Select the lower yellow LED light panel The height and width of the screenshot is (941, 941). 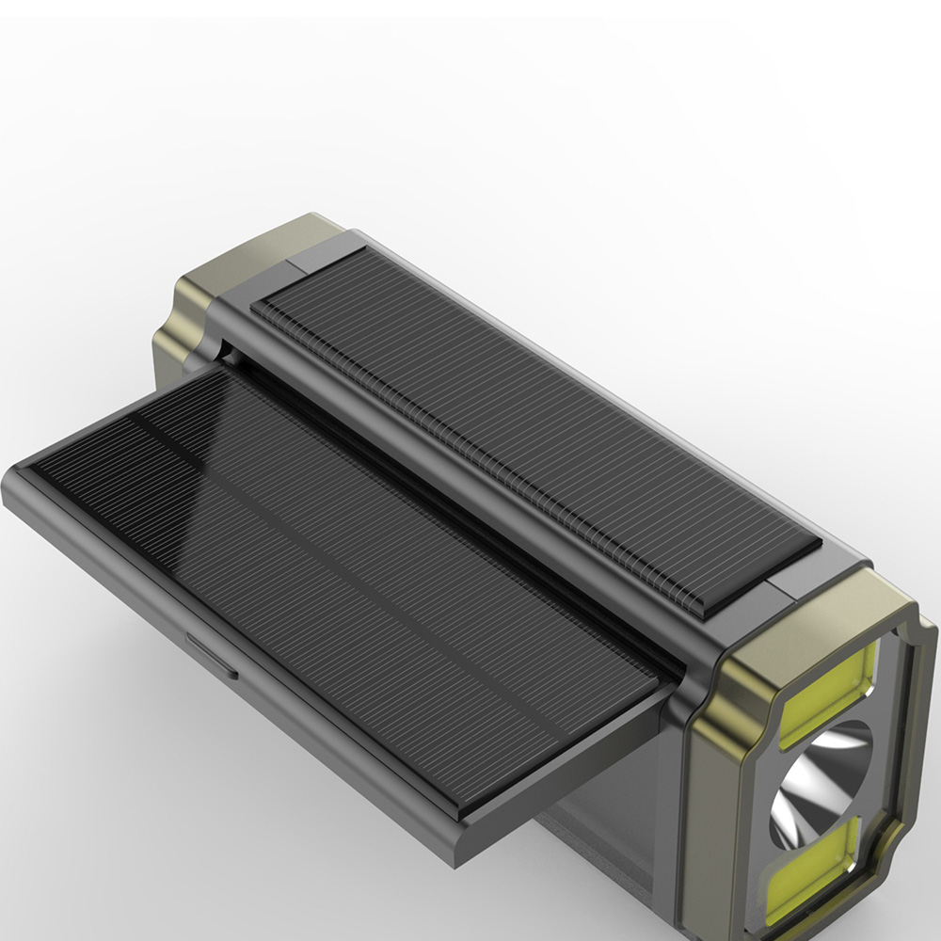point(814,870)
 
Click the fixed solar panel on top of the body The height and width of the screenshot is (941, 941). point(536,423)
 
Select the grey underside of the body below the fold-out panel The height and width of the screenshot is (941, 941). point(602,847)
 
